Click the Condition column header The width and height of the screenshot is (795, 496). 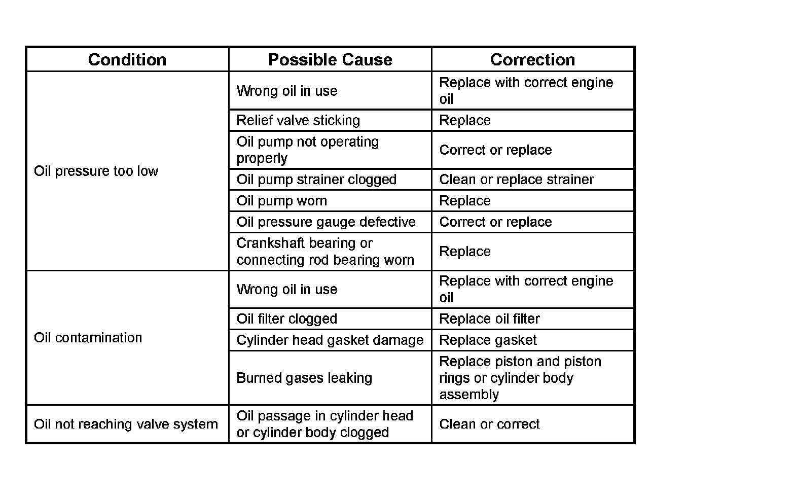click(x=127, y=59)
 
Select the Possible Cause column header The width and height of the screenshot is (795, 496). click(x=330, y=59)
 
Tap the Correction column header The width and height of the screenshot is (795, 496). click(x=532, y=59)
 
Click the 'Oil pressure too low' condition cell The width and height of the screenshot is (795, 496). click(x=96, y=171)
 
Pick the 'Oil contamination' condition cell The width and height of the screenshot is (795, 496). click(x=88, y=338)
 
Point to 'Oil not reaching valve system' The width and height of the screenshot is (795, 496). click(x=126, y=424)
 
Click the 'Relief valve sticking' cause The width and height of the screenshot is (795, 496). click(x=298, y=120)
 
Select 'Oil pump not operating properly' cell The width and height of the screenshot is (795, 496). click(x=307, y=150)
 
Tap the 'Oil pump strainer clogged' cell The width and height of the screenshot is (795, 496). click(x=316, y=180)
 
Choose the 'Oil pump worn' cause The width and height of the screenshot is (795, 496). click(x=282, y=201)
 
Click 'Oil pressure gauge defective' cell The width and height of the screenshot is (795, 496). click(x=326, y=222)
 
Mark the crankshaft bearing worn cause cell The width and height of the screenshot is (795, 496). click(x=325, y=252)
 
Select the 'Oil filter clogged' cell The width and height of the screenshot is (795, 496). click(x=287, y=319)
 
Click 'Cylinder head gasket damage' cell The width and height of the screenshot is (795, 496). click(x=330, y=340)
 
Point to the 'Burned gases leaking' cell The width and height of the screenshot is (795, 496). click(x=304, y=378)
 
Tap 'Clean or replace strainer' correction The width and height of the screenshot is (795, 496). click(x=516, y=180)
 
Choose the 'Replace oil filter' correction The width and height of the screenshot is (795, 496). click(x=489, y=319)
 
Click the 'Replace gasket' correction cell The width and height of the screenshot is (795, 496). click(x=488, y=340)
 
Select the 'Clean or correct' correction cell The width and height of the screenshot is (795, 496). click(x=489, y=424)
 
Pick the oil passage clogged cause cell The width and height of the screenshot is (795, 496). click(x=324, y=424)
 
